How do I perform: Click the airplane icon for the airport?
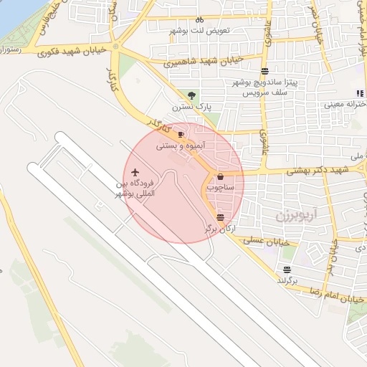click(x=135, y=173)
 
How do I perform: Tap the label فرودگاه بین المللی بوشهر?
click(x=136, y=189)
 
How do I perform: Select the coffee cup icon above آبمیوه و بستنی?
click(x=181, y=134)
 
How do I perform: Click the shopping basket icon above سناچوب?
click(x=220, y=176)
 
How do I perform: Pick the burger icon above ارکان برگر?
click(x=220, y=216)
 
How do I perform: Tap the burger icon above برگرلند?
click(x=287, y=270)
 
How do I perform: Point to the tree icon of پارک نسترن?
click(x=191, y=95)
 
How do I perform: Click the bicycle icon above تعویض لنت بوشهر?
click(x=199, y=20)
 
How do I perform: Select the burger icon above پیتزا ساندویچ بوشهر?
click(x=265, y=71)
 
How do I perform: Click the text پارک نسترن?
click(x=189, y=107)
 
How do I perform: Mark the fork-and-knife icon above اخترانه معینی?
click(x=359, y=93)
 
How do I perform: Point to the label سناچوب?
click(x=221, y=186)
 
